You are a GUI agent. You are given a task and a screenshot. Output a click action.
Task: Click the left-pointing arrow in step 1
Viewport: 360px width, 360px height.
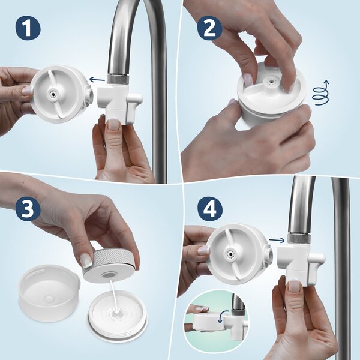tap(95, 79)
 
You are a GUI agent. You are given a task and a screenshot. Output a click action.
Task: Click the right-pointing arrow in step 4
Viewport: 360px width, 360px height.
tap(277, 241)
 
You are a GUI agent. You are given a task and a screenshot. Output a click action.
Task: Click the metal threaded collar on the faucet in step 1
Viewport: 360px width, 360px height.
tap(116, 79)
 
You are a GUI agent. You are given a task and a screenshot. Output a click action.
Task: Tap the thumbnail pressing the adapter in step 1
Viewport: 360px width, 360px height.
tap(113, 124)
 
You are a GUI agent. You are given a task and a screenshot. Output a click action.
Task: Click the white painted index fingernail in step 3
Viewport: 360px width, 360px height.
tap(86, 260)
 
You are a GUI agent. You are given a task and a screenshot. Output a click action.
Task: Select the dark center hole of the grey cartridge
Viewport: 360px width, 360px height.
tap(110, 274)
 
